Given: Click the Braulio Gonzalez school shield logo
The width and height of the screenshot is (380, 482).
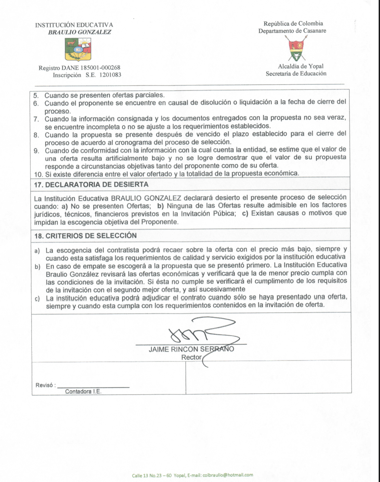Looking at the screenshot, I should pyautogui.click(x=78, y=50).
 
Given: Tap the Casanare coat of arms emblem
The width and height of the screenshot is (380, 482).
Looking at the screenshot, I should pyautogui.click(x=297, y=49).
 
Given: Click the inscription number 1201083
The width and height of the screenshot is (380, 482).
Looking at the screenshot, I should pyautogui.click(x=110, y=75).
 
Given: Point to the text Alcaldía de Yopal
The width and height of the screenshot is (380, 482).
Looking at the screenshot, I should pyautogui.click(x=300, y=66).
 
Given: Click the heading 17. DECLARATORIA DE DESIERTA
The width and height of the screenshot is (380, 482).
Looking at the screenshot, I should pyautogui.click(x=91, y=185).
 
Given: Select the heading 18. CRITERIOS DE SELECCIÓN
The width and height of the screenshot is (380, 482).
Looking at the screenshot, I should pyautogui.click(x=85, y=236).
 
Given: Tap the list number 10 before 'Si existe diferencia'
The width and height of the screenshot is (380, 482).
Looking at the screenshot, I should pyautogui.click(x=38, y=174).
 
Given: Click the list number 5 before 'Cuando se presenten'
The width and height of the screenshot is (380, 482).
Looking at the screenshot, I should pyautogui.click(x=36, y=95).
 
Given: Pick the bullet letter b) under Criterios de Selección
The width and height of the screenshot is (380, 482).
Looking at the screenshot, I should pyautogui.click(x=38, y=266).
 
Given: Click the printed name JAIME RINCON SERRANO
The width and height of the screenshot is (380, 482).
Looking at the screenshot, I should pyautogui.click(x=191, y=349).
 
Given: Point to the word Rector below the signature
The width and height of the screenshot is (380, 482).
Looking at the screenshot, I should pyautogui.click(x=191, y=357).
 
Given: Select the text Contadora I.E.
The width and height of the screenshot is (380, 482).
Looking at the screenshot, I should pyautogui.click(x=83, y=391).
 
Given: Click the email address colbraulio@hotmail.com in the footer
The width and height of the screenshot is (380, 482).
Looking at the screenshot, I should pyautogui.click(x=228, y=475).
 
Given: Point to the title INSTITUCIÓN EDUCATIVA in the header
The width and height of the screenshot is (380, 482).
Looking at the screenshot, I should pyautogui.click(x=74, y=25).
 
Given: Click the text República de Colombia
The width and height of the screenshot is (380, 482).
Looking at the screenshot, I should pyautogui.click(x=293, y=23).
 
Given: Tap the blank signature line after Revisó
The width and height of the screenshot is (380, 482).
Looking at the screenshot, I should pyautogui.click(x=93, y=387).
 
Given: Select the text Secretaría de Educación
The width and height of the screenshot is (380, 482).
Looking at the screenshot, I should pyautogui.click(x=296, y=74).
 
